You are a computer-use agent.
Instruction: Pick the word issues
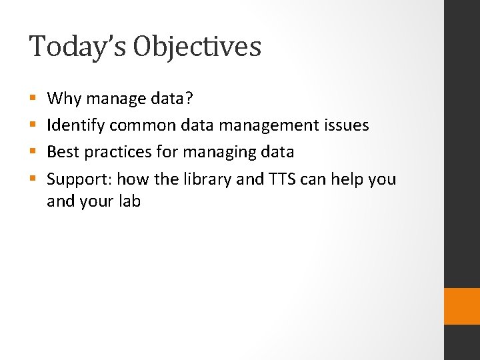tap(347, 125)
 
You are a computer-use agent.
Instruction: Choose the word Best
tap(63, 152)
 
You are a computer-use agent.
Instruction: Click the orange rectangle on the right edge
tap(461, 306)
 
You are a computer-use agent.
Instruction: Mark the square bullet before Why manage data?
tap(33, 99)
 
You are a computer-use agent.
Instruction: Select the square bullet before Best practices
tap(33, 153)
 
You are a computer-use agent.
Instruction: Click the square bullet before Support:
tap(33, 179)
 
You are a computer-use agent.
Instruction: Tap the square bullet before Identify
tap(33, 126)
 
